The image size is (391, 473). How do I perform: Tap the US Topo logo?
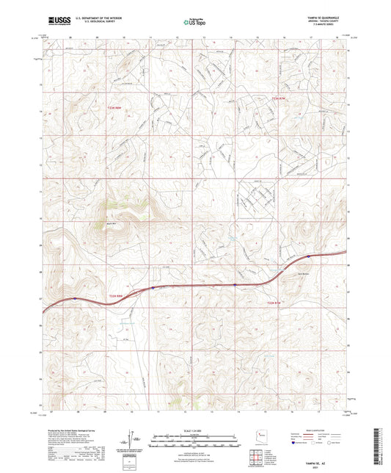194,23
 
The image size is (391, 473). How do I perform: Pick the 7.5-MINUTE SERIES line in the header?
332,25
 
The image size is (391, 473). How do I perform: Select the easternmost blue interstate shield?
309,256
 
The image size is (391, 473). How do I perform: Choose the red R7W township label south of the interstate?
273,302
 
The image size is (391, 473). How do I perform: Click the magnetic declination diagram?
133,440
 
